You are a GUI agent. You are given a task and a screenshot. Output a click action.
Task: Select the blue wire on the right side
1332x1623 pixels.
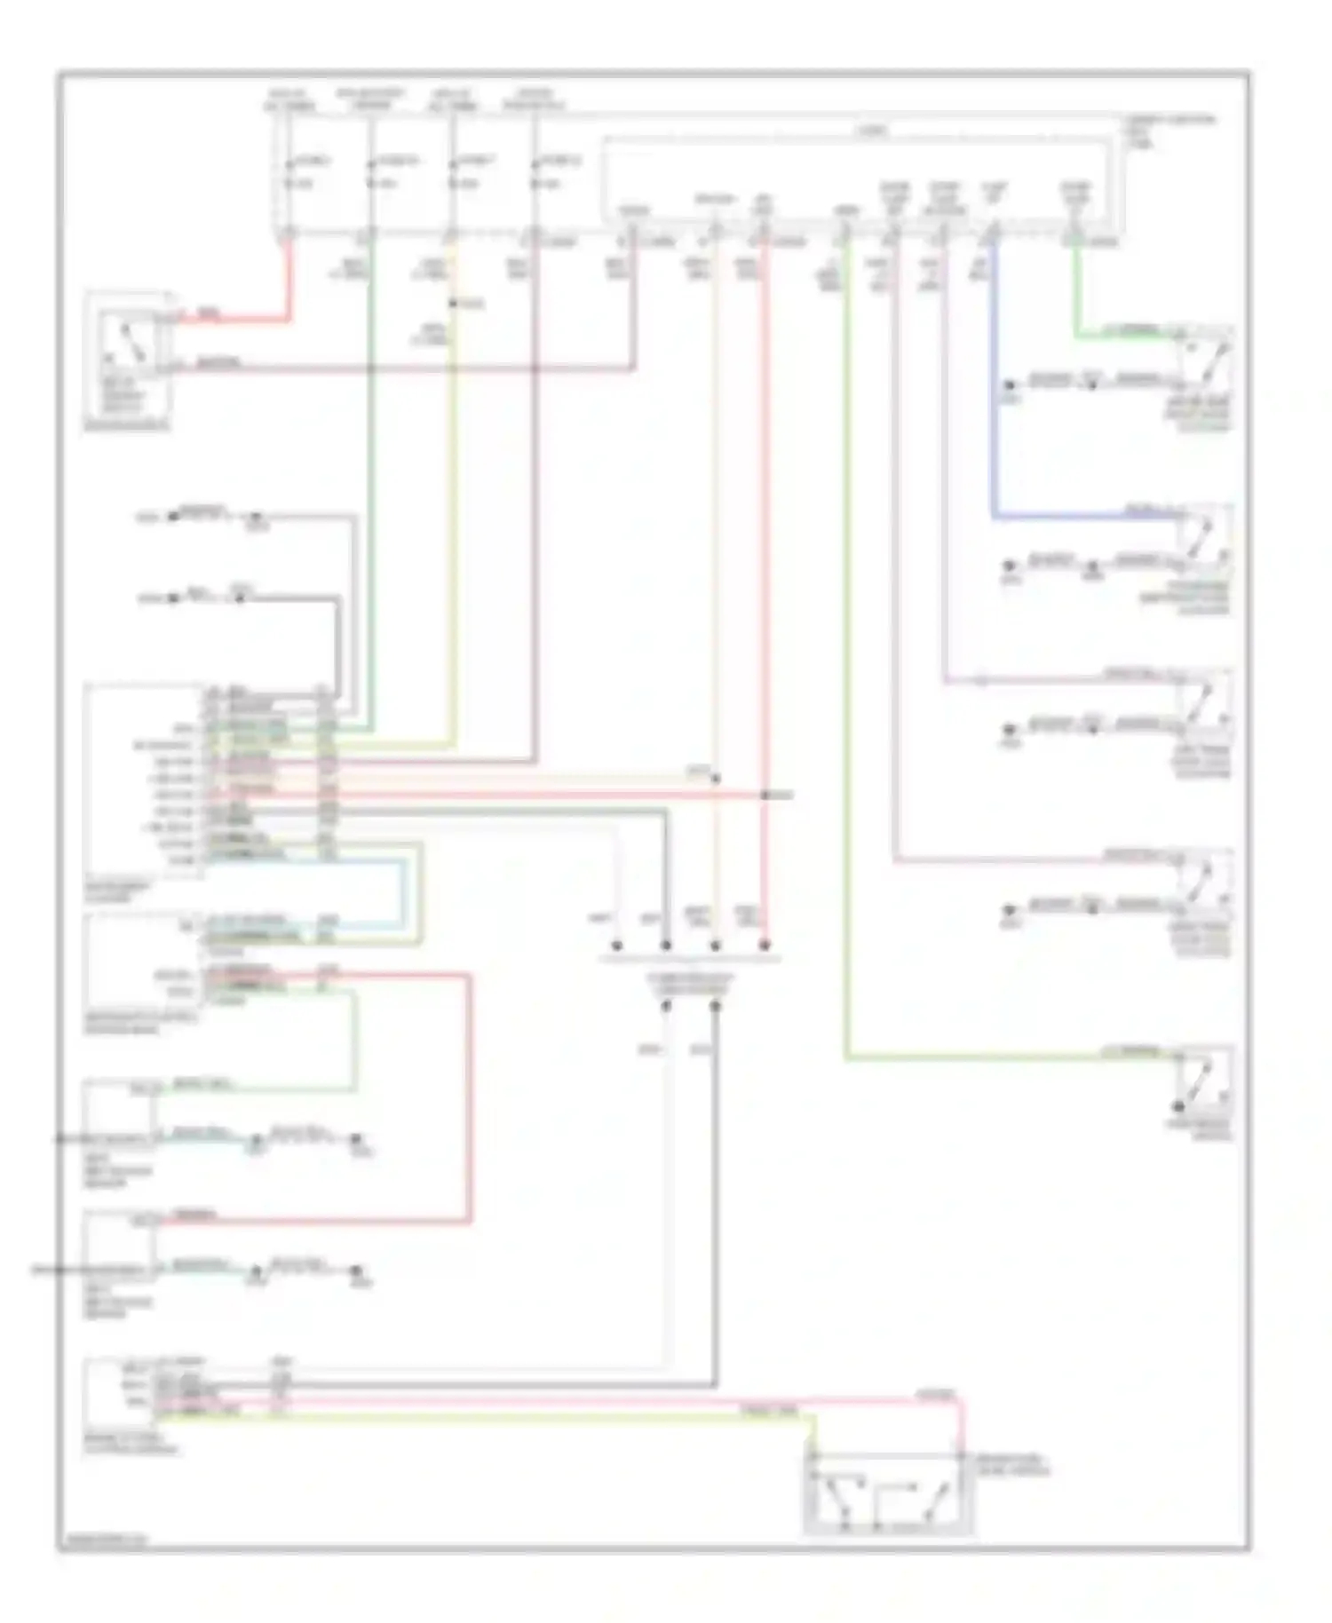coord(994,400)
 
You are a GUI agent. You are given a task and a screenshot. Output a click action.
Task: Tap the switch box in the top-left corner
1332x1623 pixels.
coord(126,355)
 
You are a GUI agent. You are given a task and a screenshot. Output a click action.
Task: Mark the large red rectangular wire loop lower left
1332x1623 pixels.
coord(469,1101)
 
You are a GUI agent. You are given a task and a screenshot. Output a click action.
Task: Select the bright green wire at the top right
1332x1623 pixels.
coord(1076,293)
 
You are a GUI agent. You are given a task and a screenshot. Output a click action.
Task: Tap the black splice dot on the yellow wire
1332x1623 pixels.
coord(453,304)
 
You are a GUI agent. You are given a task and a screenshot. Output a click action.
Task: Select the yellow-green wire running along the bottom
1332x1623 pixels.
coord(533,1412)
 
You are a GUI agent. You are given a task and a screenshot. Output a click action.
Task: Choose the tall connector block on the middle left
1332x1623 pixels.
coord(142,781)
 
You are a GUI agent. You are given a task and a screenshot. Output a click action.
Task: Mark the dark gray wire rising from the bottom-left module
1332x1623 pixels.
coord(715,1199)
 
